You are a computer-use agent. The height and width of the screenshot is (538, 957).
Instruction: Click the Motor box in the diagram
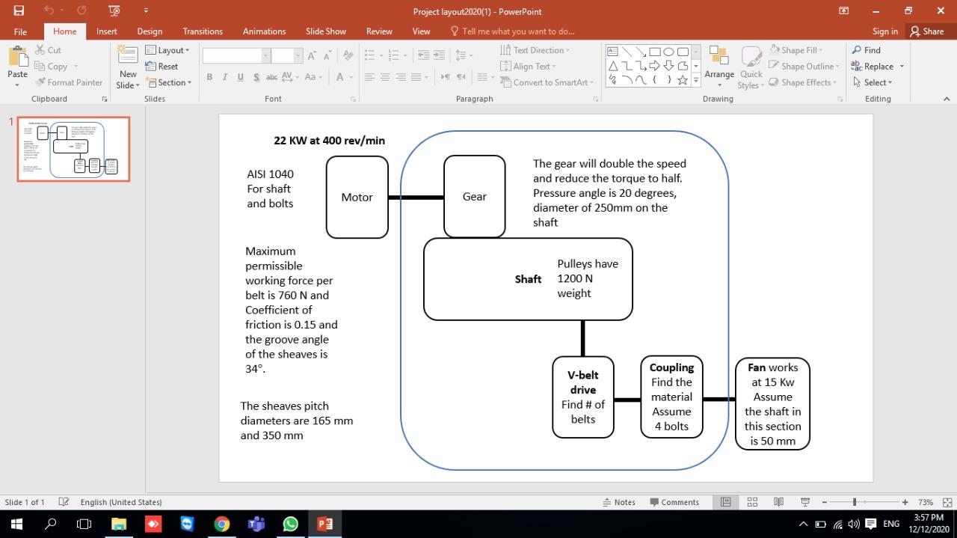(x=357, y=197)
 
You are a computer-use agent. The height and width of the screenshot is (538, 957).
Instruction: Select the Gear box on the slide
(x=474, y=196)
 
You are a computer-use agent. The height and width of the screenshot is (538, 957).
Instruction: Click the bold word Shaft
(x=528, y=279)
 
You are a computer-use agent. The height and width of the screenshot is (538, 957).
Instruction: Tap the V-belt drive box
(x=582, y=397)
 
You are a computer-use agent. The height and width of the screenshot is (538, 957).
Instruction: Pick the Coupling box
(x=671, y=397)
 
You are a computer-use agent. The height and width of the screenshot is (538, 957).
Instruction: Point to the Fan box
(x=772, y=404)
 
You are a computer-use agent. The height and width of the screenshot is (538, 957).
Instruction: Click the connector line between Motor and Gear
(x=416, y=198)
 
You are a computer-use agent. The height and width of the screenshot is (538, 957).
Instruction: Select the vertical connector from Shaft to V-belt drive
(x=582, y=338)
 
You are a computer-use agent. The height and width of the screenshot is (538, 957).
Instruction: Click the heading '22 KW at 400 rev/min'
(x=329, y=140)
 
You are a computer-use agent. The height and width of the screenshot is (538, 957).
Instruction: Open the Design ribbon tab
(x=150, y=31)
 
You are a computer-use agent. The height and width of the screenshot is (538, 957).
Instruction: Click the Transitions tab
(x=203, y=31)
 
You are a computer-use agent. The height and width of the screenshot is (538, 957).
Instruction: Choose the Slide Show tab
(x=325, y=31)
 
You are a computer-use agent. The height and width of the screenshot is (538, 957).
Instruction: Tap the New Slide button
(x=128, y=66)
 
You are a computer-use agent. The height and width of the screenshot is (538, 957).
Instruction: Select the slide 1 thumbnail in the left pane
(x=73, y=149)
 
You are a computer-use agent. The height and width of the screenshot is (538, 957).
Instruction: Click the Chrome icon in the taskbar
(x=222, y=524)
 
